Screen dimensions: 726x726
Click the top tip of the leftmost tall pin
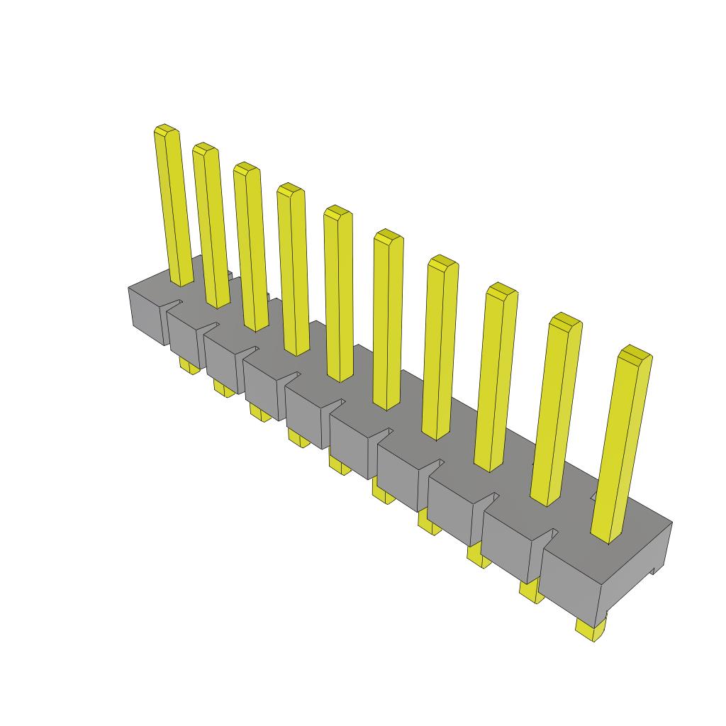pos(166,130)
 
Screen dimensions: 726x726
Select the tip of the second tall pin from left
pos(205,148)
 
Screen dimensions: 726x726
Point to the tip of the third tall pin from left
pos(247,168)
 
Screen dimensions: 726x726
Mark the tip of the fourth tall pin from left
pos(291,189)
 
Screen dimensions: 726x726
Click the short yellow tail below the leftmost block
pos(189,365)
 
